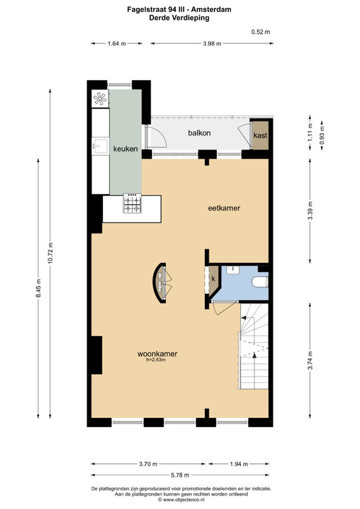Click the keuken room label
(x=125, y=149)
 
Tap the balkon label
(x=199, y=133)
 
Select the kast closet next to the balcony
(x=261, y=136)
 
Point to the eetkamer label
(x=224, y=208)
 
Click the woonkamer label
(x=157, y=354)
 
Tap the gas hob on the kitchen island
(x=132, y=203)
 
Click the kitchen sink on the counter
(x=100, y=146)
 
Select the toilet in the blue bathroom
(x=260, y=282)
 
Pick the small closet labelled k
(x=214, y=279)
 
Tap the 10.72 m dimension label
(x=50, y=253)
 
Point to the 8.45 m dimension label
(x=38, y=288)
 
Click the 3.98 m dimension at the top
(x=212, y=44)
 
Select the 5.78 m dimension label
(x=180, y=475)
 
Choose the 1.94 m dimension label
(x=239, y=464)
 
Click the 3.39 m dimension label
(x=310, y=211)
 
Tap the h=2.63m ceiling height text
(x=156, y=359)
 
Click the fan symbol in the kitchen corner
(x=100, y=99)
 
